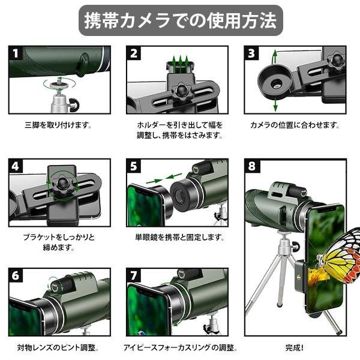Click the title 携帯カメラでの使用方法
click(181, 20)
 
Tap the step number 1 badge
click(16, 53)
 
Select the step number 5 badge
click(134, 166)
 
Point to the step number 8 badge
click(252, 166)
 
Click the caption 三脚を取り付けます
click(58, 125)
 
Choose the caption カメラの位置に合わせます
click(295, 125)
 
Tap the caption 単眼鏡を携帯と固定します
click(179, 237)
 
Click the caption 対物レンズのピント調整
click(58, 347)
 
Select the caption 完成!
click(295, 347)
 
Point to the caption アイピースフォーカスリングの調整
click(181, 347)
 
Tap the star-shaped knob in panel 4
click(62, 183)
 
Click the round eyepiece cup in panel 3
click(275, 81)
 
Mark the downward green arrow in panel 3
click(275, 104)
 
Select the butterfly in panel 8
click(340, 255)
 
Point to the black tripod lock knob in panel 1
click(74, 105)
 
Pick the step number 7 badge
click(134, 275)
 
